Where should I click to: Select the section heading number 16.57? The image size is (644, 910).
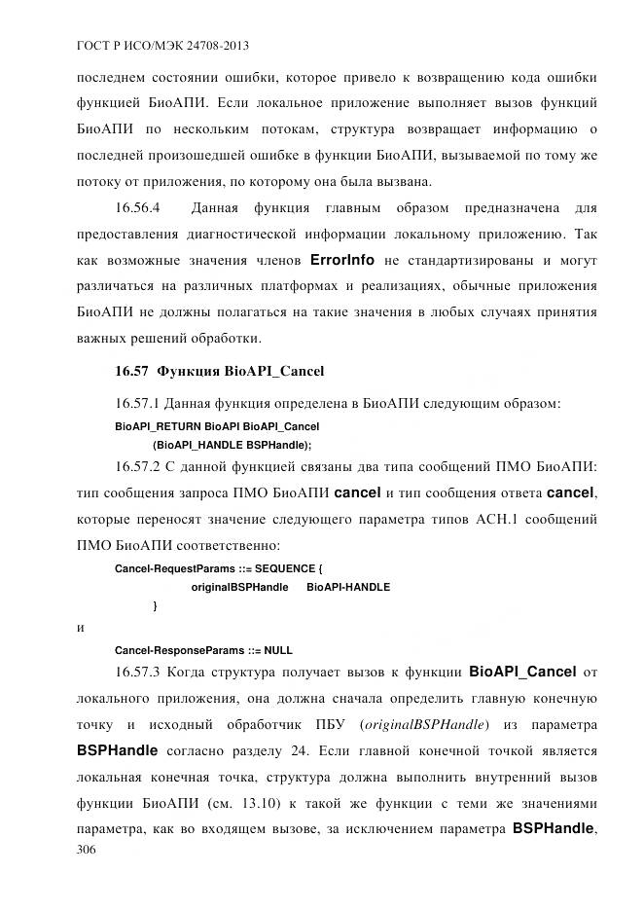pyautogui.click(x=129, y=371)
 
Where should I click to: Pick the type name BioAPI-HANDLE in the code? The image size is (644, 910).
pyautogui.click(x=348, y=587)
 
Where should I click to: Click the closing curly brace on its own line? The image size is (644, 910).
pyautogui.click(x=156, y=606)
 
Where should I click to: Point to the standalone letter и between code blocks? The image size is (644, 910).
pyautogui.click(x=80, y=628)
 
